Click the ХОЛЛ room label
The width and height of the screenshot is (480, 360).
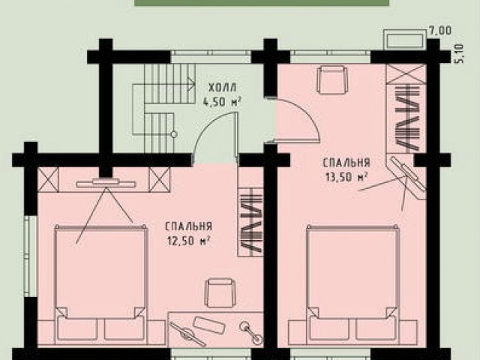point(223,88)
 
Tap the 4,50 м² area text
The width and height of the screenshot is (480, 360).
point(222,101)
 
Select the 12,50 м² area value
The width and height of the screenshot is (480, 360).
point(188,241)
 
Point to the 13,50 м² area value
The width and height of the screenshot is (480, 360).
point(346,177)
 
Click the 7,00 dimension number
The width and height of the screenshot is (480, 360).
point(440,31)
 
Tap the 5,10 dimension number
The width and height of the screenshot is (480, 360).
point(460,54)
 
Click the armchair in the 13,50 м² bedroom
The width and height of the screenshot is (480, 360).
point(333,80)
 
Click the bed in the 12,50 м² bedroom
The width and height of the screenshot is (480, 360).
point(100,283)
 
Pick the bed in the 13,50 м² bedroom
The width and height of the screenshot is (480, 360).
point(352,283)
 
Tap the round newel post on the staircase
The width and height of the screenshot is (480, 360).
point(174,134)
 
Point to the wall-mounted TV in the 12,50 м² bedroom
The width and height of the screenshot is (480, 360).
point(106,183)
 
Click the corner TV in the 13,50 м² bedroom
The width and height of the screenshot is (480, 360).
point(407,176)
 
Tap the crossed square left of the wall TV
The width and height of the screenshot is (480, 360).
point(48,180)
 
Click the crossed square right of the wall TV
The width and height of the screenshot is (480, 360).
point(159,180)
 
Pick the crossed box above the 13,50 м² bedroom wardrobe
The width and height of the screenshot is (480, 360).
point(406,73)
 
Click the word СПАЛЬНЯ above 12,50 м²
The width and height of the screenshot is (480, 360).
point(188,226)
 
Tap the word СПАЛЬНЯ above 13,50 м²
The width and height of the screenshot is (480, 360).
point(346,163)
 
